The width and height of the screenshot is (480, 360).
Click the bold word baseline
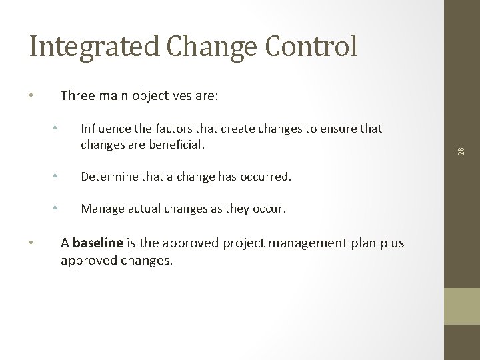pyautogui.click(x=98, y=243)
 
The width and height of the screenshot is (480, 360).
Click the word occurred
pyautogui.click(x=267, y=177)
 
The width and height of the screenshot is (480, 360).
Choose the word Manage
pyautogui.click(x=101, y=209)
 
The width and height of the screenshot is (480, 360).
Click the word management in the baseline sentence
pyautogui.click(x=285, y=243)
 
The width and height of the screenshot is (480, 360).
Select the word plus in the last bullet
pyautogui.click(x=391, y=243)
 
